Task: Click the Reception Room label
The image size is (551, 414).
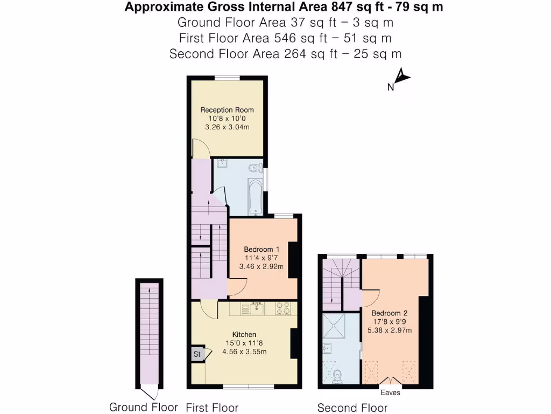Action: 227,110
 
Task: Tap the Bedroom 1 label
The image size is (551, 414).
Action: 262,249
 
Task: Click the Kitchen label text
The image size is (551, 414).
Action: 244,335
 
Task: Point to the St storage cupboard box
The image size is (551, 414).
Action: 197,354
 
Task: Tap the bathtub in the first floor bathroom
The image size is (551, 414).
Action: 256,197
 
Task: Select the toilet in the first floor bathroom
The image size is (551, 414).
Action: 254,168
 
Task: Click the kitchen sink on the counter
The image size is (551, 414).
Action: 255,309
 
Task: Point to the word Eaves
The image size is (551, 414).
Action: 390,393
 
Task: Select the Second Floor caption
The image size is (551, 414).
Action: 352,408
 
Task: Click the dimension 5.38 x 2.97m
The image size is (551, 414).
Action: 390,330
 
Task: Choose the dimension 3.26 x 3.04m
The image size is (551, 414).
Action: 227,127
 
